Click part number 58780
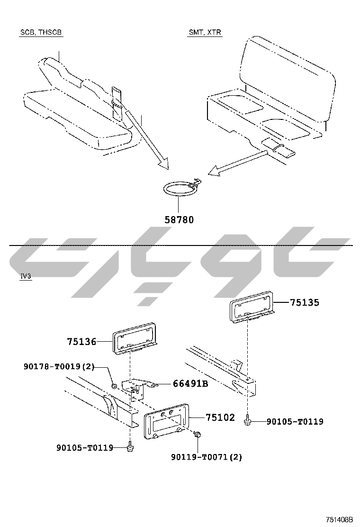[x=179, y=220]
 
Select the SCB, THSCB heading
[x=41, y=32]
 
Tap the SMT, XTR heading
[x=205, y=32]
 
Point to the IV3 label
[x=26, y=276]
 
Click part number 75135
[x=305, y=302]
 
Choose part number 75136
[x=81, y=342]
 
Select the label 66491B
[x=190, y=383]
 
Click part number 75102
[x=220, y=418]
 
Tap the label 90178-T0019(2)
[x=59, y=366]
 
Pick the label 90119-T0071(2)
[x=207, y=457]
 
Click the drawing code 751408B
[x=340, y=519]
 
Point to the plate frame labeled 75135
[x=252, y=308]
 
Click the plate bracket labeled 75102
[x=167, y=421]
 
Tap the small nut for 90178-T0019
[x=114, y=385]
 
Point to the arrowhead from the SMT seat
[x=214, y=172]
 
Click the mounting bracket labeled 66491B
[x=138, y=388]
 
